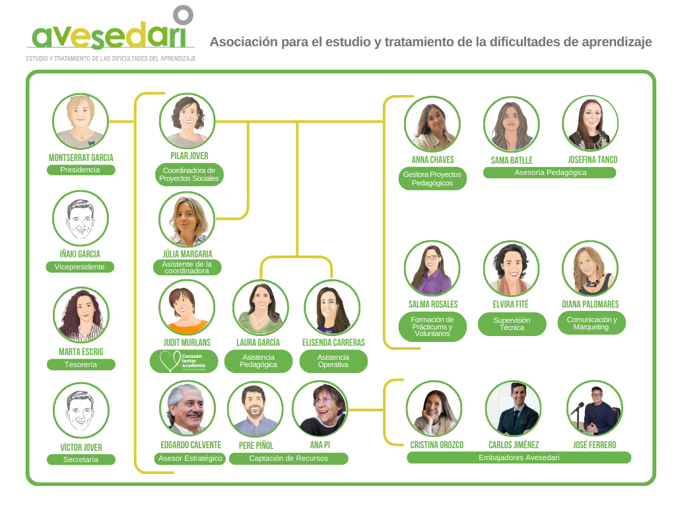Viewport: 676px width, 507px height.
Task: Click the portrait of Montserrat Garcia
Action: tap(81, 121)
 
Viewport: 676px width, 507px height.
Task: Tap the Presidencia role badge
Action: tap(81, 170)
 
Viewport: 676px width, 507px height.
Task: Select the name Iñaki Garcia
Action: tap(81, 254)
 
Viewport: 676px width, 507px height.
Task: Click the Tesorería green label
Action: tap(81, 364)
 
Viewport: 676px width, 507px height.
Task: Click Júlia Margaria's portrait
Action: tap(187, 220)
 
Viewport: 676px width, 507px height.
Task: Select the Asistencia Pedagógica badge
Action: tap(258, 361)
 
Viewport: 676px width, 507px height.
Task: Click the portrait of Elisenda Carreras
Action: tap(332, 308)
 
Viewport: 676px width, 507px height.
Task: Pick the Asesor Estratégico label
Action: tap(191, 458)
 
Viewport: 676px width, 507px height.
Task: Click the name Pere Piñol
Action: tap(255, 446)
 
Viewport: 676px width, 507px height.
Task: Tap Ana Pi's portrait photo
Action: tap(320, 409)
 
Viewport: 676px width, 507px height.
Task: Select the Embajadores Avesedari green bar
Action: tap(518, 457)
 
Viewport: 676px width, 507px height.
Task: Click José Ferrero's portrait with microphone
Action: tap(594, 409)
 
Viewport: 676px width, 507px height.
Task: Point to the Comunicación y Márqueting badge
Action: tap(591, 323)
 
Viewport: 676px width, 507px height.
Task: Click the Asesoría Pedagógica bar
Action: tap(549, 172)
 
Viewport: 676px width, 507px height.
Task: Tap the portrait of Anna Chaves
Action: tap(432, 124)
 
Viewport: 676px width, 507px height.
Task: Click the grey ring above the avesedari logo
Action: tap(183, 15)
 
